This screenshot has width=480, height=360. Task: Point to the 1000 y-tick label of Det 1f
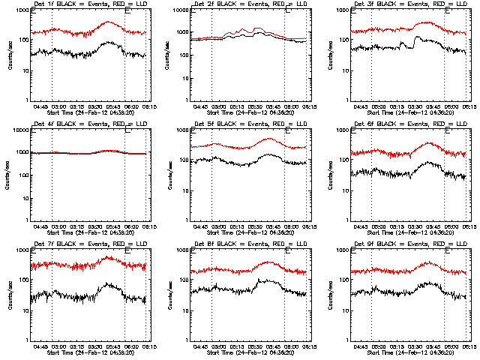(x=22, y=11)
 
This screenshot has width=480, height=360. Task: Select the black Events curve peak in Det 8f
(x=259, y=280)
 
